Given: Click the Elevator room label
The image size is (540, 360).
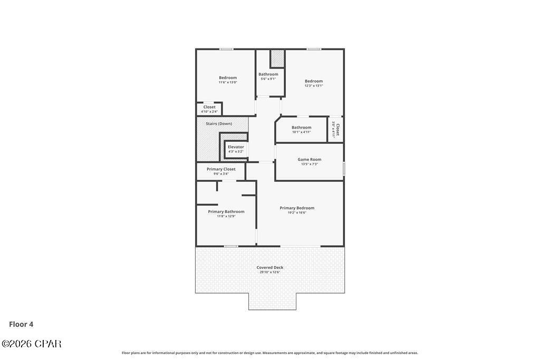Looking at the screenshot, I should click(x=236, y=147).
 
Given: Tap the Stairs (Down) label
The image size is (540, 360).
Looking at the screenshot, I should click(x=218, y=124).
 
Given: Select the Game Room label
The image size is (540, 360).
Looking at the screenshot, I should click(x=309, y=159).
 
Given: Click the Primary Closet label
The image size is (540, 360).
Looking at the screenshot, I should click(x=221, y=169).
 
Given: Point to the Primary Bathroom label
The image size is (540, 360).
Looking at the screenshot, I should click(x=226, y=211).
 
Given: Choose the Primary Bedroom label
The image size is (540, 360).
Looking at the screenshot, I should click(x=297, y=208).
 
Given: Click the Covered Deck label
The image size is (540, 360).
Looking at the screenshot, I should click(x=269, y=267).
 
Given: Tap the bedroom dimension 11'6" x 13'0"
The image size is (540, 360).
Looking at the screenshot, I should click(x=228, y=82).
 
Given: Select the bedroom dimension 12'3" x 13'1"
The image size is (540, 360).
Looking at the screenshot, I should click(x=313, y=85).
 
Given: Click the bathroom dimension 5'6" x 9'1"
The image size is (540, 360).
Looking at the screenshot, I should click(x=268, y=79).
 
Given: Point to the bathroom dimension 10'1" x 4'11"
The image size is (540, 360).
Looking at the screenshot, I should click(x=301, y=132).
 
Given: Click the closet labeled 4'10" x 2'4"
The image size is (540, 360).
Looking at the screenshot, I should click(x=209, y=112).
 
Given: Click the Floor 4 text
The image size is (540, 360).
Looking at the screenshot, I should click(x=21, y=324).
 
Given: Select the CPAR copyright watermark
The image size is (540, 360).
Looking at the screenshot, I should click(x=31, y=344).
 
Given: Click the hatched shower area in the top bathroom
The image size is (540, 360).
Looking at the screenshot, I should click(x=277, y=59).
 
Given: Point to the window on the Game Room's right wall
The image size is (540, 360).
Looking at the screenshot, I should click(x=344, y=169).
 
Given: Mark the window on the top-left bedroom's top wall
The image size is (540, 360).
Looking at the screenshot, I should click(x=227, y=49).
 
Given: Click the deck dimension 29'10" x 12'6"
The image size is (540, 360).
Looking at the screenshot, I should click(x=269, y=272).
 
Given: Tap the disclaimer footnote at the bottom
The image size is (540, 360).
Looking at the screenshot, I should click(x=269, y=353).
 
